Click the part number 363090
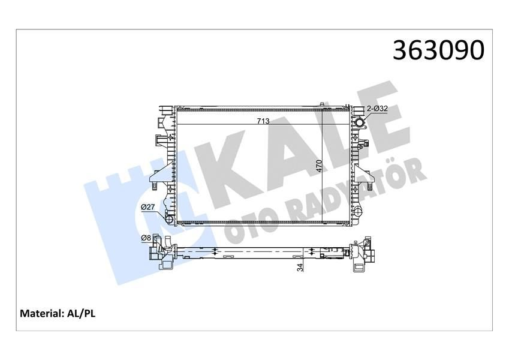click(x=437, y=50)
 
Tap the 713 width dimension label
click(x=263, y=121)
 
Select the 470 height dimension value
click(x=320, y=166)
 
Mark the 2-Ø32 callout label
click(x=378, y=109)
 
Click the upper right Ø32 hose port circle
click(x=360, y=124)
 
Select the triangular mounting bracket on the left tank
click(x=157, y=179)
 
